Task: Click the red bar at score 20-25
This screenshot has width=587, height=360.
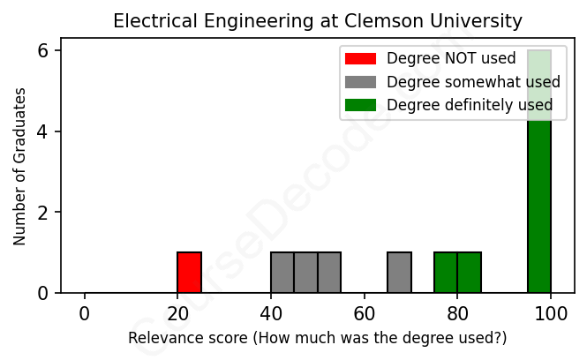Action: click(189, 273)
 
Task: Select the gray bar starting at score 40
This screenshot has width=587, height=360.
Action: click(282, 273)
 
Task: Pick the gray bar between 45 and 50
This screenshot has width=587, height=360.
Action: click(305, 273)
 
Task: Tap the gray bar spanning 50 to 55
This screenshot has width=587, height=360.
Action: click(329, 273)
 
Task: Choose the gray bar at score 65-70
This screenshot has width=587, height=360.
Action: click(399, 273)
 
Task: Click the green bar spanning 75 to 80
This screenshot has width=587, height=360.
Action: click(446, 273)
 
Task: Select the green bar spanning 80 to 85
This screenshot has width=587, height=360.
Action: click(469, 273)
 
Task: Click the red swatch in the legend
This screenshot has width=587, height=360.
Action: click(360, 59)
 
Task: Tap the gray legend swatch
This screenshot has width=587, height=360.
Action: click(360, 82)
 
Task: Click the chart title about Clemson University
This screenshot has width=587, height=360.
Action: click(318, 20)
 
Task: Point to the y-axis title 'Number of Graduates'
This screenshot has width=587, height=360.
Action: click(19, 165)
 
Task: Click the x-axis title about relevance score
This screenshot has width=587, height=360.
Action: click(318, 338)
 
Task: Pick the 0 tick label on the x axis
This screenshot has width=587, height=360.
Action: click(85, 313)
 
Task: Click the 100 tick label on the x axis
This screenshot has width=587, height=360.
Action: click(551, 313)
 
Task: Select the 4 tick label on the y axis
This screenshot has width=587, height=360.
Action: click(44, 131)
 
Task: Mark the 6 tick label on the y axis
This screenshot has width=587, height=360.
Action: click(44, 51)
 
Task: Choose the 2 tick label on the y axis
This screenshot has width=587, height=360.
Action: click(44, 213)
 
